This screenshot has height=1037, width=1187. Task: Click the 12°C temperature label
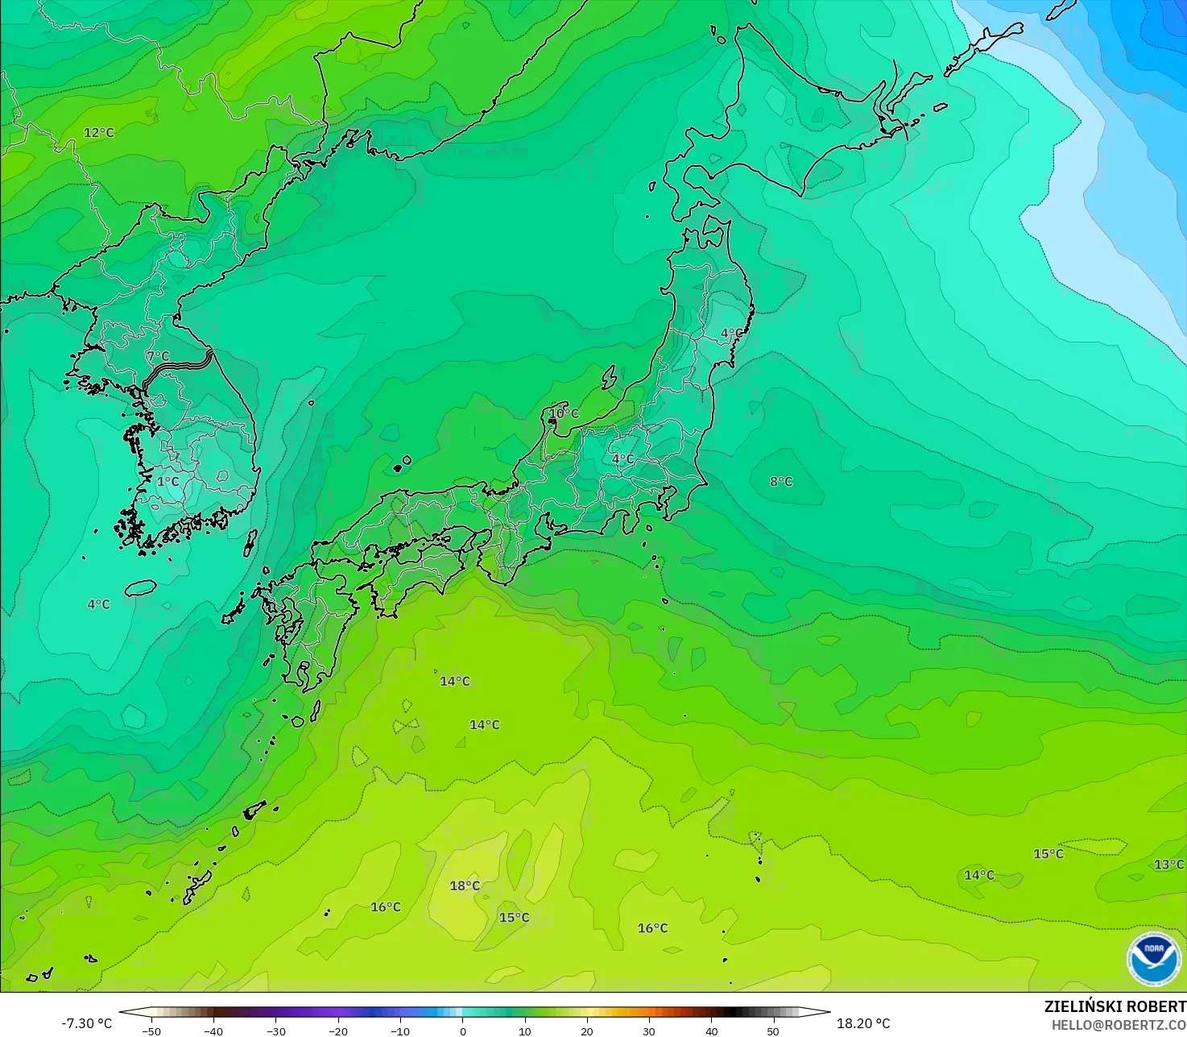pyautogui.click(x=99, y=133)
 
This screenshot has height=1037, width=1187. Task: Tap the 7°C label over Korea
pyautogui.click(x=158, y=356)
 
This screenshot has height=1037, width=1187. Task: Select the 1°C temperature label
pyautogui.click(x=168, y=482)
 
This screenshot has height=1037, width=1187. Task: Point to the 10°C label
pyautogui.click(x=564, y=413)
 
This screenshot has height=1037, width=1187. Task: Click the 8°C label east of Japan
pyautogui.click(x=781, y=482)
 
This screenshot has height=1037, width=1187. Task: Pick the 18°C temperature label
pyautogui.click(x=465, y=886)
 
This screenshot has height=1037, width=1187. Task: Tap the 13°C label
pyautogui.click(x=1168, y=865)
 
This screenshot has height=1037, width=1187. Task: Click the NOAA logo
pyautogui.click(x=1154, y=959)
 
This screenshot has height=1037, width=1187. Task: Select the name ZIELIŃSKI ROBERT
pyautogui.click(x=1115, y=1006)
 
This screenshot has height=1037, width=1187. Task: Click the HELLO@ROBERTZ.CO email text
pyautogui.click(x=1119, y=1024)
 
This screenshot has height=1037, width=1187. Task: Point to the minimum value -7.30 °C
pyautogui.click(x=86, y=1023)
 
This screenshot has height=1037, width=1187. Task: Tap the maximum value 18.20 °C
pyautogui.click(x=863, y=1023)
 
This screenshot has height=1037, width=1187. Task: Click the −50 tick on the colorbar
pyautogui.click(x=151, y=1031)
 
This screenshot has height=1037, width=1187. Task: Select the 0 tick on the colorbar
pyautogui.click(x=462, y=1031)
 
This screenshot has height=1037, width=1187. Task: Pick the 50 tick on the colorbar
pyautogui.click(x=773, y=1031)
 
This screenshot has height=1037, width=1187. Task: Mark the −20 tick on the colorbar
pyautogui.click(x=337, y=1031)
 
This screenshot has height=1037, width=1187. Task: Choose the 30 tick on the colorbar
pyautogui.click(x=649, y=1031)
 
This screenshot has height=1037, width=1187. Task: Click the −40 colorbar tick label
pyautogui.click(x=213, y=1031)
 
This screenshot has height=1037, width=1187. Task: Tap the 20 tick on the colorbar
pyautogui.click(x=586, y=1031)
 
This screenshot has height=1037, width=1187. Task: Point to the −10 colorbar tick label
pyautogui.click(x=399, y=1031)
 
